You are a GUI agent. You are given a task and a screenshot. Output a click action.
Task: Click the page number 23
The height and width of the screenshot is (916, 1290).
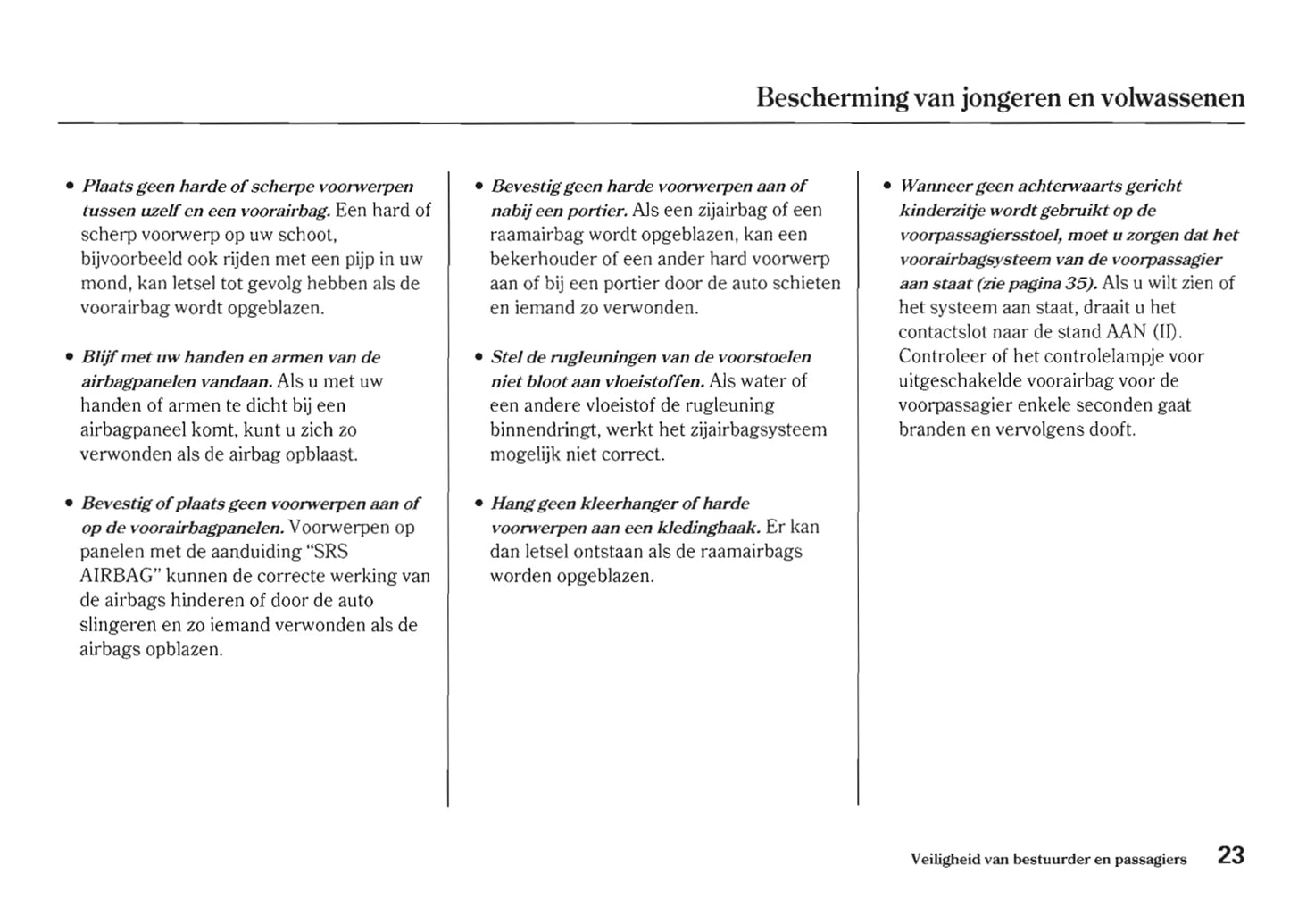click(1230, 855)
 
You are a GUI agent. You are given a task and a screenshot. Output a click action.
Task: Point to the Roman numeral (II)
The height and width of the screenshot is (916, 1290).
click(1167, 332)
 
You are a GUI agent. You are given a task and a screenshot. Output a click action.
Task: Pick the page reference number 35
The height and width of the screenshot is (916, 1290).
click(1078, 284)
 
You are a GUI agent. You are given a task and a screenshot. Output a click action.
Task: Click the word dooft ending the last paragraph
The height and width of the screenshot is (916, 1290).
click(1111, 429)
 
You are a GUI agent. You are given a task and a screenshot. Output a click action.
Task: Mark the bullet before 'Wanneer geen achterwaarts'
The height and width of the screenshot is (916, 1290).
click(887, 187)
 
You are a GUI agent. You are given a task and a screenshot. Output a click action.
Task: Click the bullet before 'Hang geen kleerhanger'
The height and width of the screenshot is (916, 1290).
click(479, 504)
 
